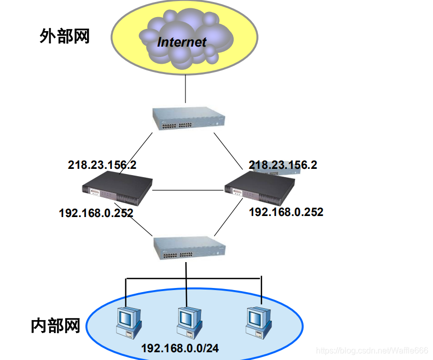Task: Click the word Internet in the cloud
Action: click(182, 42)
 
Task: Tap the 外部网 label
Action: click(65, 36)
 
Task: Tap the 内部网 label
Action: click(55, 326)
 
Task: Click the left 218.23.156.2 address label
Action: click(102, 165)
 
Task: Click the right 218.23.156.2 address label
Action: click(283, 165)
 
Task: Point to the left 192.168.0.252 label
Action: click(96, 213)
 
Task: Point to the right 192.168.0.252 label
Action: click(286, 212)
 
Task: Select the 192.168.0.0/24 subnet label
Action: click(180, 349)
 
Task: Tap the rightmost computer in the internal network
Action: click(257, 322)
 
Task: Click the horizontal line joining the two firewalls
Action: click(189, 190)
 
